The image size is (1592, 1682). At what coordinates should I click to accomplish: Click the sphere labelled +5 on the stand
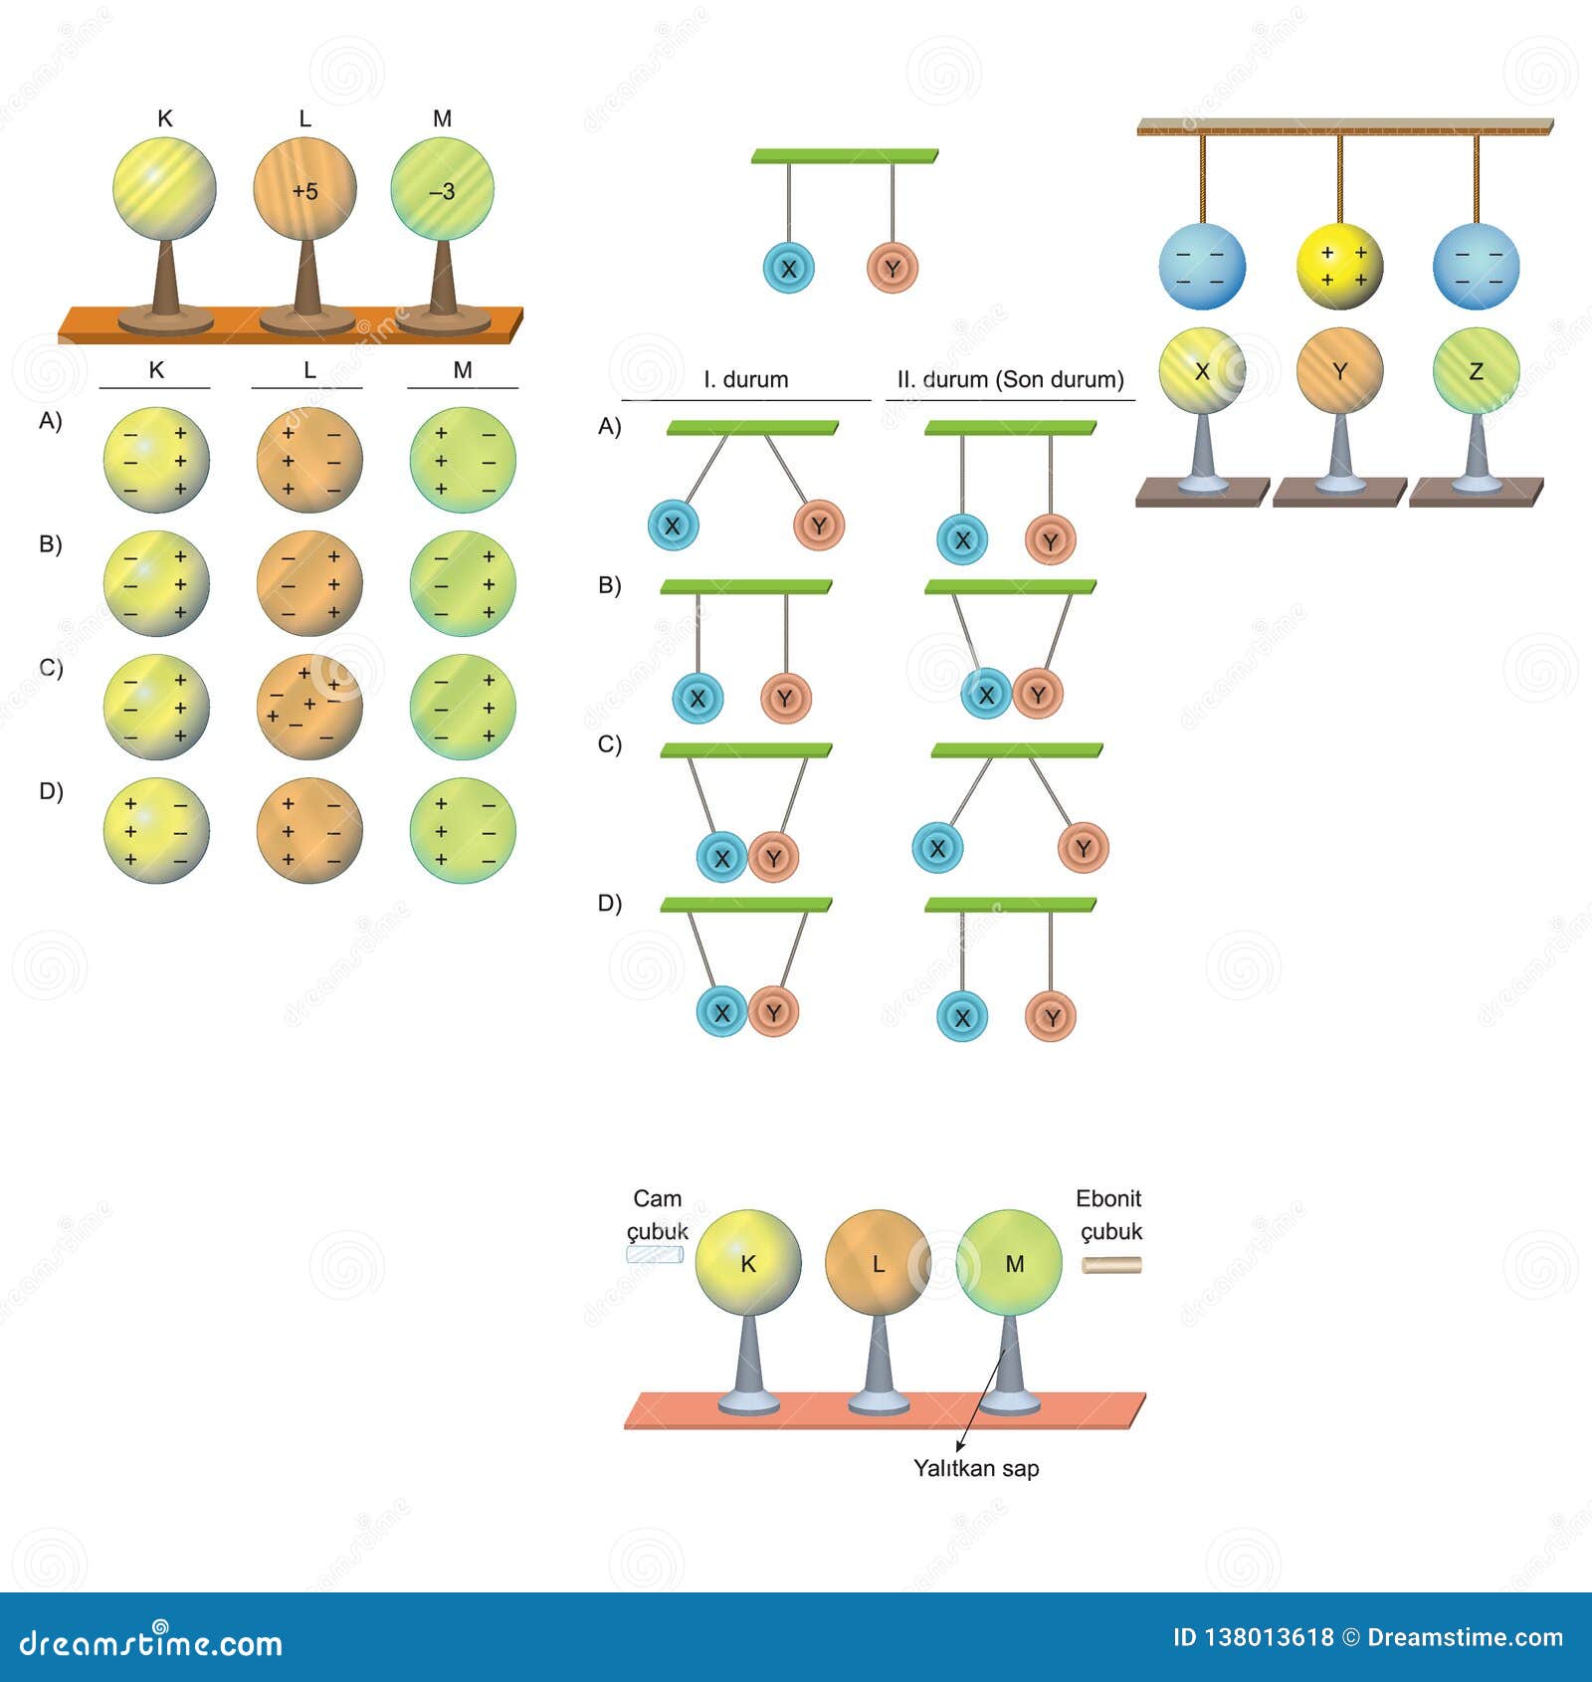(x=304, y=190)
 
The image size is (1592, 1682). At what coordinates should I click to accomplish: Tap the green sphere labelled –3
(x=442, y=190)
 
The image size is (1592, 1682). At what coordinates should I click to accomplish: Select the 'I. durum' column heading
(x=745, y=379)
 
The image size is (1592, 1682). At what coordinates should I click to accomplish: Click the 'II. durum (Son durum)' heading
(x=1010, y=379)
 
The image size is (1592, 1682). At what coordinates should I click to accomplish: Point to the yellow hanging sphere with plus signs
(x=1339, y=267)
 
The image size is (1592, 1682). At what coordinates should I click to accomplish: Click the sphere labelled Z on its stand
(x=1476, y=370)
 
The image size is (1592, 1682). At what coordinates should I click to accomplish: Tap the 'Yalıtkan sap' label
(x=975, y=1468)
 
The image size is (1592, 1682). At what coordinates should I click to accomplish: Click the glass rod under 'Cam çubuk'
(x=655, y=1255)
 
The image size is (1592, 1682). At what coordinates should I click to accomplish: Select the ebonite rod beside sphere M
(x=1111, y=1265)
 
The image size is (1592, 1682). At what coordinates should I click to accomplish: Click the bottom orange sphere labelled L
(x=877, y=1263)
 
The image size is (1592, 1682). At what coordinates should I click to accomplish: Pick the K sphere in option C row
(x=156, y=707)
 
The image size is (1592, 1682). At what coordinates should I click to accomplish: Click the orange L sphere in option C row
(x=309, y=707)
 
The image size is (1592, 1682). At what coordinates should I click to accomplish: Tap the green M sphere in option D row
(x=463, y=830)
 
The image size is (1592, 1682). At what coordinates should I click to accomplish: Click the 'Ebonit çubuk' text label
(x=1109, y=1214)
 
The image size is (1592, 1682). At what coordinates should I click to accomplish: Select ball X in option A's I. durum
(x=673, y=526)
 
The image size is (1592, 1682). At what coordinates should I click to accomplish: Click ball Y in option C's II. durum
(x=1083, y=848)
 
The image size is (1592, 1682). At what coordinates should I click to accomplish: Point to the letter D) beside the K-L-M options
(x=51, y=791)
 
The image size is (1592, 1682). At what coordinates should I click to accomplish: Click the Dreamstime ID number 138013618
(x=1267, y=1637)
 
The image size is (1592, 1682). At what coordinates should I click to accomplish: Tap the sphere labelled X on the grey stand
(x=1202, y=370)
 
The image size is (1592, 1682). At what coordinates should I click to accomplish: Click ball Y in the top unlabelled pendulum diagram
(x=892, y=268)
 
